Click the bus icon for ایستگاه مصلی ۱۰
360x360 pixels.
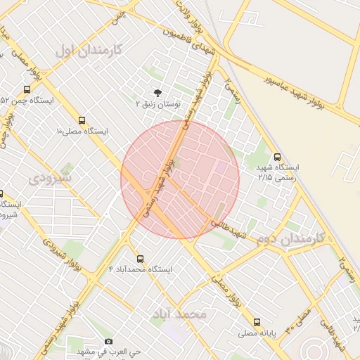pos(82,120)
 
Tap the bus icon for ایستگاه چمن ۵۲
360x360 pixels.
pos(27,90)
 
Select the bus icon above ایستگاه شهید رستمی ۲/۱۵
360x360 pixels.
pos(277,157)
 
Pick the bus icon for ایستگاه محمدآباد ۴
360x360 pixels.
pos(141,259)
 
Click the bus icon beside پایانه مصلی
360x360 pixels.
pos(257,322)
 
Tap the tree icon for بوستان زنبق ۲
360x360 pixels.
pos(157,92)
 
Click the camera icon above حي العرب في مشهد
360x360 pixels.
pos(108,341)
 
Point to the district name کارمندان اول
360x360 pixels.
pos(89,51)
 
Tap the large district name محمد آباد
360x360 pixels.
pos(179,313)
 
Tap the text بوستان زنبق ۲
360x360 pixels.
pos(158,103)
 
